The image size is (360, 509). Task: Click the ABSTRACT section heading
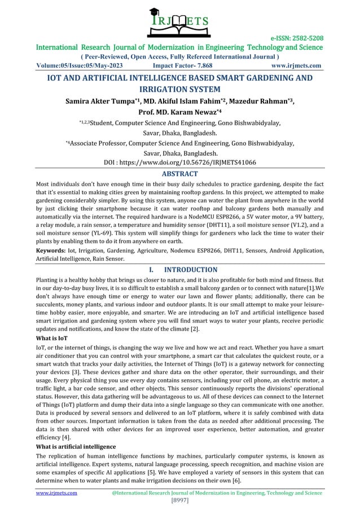pos(179,174)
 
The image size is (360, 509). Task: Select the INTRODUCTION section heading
pos(190,270)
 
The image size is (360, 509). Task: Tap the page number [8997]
pos(180,501)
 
